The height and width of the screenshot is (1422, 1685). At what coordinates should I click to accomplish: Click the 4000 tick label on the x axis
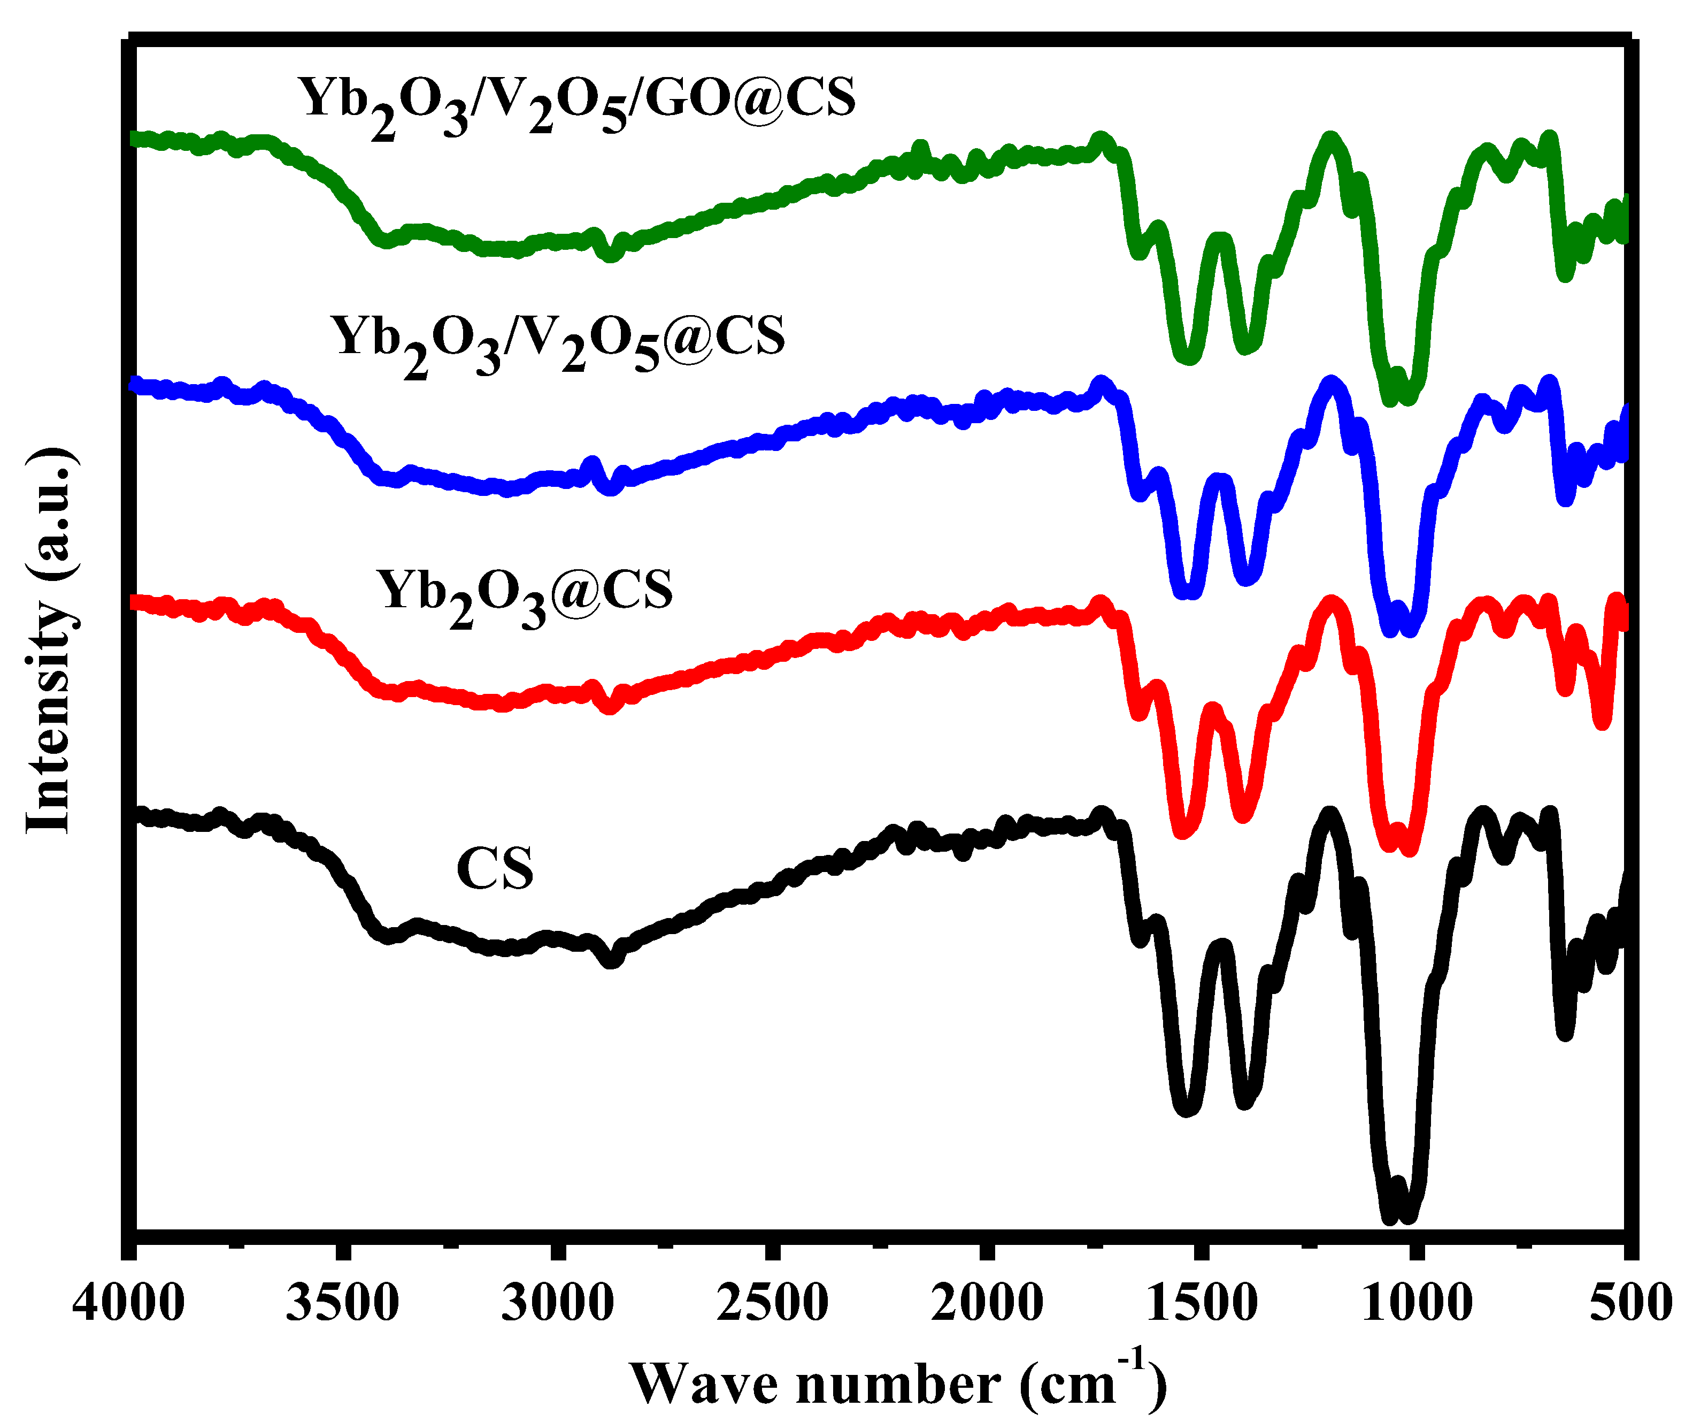click(x=129, y=1303)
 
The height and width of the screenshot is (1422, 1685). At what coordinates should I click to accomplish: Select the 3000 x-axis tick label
click(x=558, y=1303)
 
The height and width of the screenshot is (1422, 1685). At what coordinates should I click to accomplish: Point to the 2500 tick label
click(x=772, y=1303)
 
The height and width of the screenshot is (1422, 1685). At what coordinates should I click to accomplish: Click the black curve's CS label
click(x=495, y=869)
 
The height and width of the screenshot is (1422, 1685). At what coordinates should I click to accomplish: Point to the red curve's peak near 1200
click(x=1331, y=605)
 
